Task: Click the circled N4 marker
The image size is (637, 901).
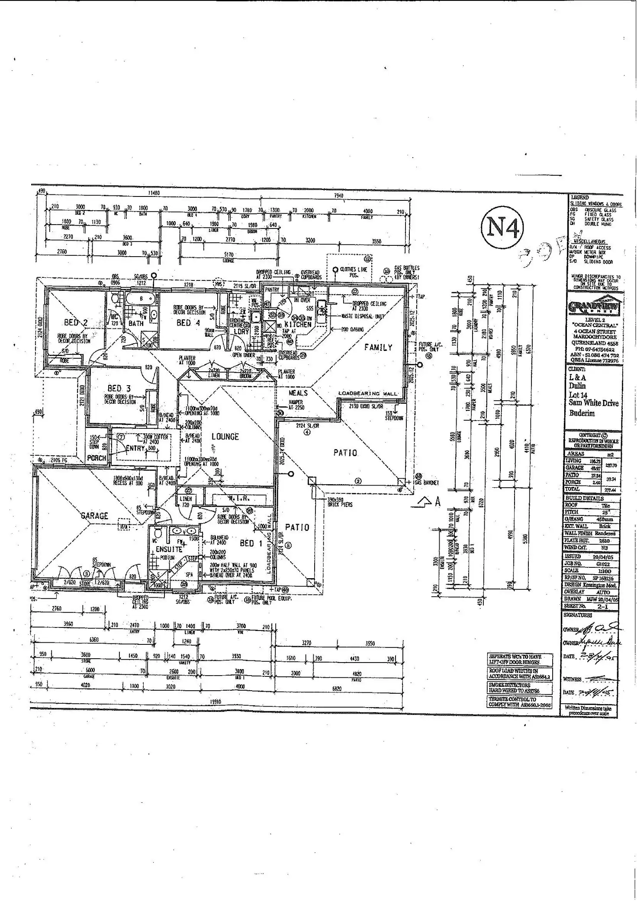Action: coord(502,227)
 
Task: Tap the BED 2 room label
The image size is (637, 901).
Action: coord(76,322)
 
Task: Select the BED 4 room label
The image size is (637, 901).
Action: coord(188,323)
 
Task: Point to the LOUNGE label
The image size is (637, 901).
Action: coord(225,437)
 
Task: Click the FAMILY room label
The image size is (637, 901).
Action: coord(378,347)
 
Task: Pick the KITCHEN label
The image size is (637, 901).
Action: coord(298,324)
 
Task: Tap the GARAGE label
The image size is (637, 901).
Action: coord(94,515)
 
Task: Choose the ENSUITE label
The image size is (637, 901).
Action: coord(169,549)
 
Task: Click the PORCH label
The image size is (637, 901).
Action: coord(97,458)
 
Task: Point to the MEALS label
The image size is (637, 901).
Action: coord(298,393)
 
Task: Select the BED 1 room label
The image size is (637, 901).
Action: coord(251,543)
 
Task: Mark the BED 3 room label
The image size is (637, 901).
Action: coord(119,388)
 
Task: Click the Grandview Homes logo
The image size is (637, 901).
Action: coord(595,306)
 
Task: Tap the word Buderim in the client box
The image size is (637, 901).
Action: coord(582,413)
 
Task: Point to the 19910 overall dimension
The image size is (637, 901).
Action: coord(216,702)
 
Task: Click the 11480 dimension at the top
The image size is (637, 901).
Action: coord(154,193)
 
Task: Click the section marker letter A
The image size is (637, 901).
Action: coord(438,502)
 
